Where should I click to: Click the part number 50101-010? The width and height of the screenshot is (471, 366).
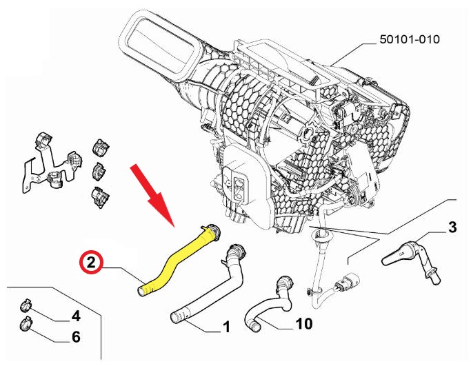pos(409,39)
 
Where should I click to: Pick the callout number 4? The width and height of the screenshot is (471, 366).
pos(76,316)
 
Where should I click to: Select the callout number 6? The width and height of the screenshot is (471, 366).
pos(76,337)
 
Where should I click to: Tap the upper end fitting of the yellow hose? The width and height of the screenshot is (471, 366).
pos(212,231)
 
